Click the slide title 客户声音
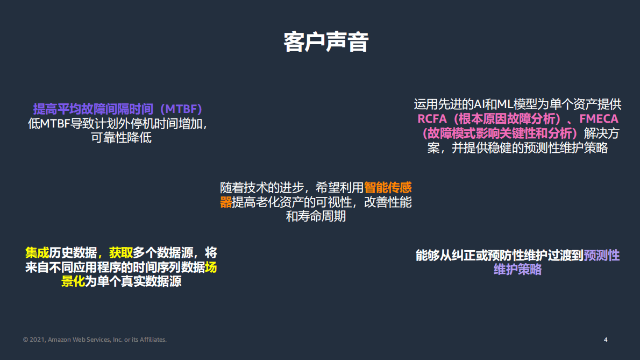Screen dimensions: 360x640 (326, 43)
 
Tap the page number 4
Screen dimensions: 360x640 (606, 340)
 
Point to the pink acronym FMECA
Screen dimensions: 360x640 (599, 119)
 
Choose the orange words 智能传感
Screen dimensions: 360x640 (388, 188)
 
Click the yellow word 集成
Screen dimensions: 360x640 (37, 253)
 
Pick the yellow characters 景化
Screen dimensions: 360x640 (74, 281)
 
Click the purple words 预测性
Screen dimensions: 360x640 (602, 256)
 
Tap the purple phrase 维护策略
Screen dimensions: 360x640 (517, 270)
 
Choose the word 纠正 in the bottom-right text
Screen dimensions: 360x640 (475, 256)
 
